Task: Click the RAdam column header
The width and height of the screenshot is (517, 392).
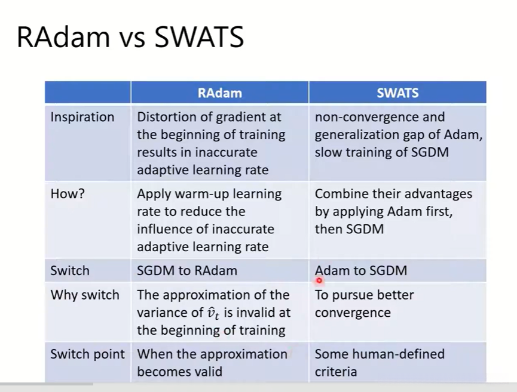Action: (219, 93)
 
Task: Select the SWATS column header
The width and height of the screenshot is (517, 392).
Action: (397, 93)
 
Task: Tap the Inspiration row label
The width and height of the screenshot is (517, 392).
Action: (82, 117)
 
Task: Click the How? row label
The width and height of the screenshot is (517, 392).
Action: (68, 193)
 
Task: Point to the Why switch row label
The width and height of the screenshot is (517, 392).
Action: (85, 295)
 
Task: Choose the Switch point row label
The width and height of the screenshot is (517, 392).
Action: (87, 354)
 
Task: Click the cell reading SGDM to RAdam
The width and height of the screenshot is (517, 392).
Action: (187, 270)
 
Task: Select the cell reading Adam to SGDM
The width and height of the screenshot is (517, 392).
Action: (361, 270)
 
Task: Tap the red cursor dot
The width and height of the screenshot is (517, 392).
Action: (319, 280)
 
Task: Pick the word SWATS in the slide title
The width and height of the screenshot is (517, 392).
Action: (199, 37)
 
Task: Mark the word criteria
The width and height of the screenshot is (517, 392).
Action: (336, 372)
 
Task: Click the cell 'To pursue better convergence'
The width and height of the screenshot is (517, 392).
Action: (365, 304)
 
